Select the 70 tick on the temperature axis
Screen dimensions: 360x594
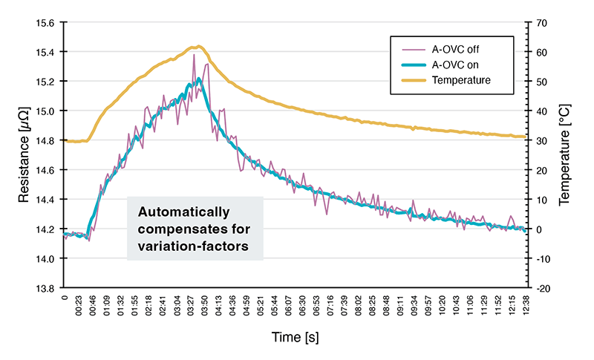tap(541, 22)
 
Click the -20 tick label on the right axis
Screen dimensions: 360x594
tap(543, 287)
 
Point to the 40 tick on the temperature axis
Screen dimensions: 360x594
tap(541, 111)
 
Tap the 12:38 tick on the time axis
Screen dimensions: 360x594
tap(525, 306)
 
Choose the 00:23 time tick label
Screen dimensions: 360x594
tap(79, 306)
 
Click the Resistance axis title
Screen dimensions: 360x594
tap(25, 155)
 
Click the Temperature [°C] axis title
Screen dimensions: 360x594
tap(567, 155)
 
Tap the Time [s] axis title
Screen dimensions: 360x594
tap(296, 338)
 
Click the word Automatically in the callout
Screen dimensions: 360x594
tap(183, 212)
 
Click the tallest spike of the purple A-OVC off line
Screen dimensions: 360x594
tap(194, 54)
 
